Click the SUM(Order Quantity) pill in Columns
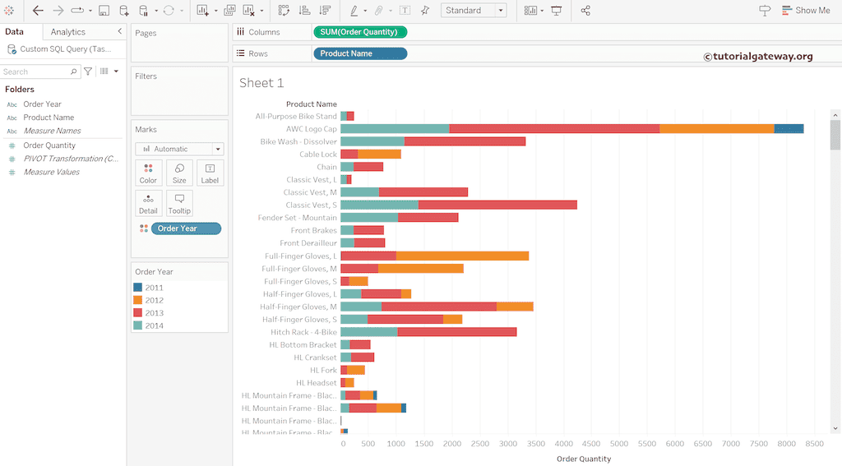tap(359, 32)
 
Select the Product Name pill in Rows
tap(359, 53)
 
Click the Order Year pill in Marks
tap(185, 228)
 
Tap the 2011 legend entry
tap(154, 288)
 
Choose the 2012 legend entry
tap(154, 300)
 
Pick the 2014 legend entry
tap(154, 325)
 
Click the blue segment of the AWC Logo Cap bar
tap(789, 129)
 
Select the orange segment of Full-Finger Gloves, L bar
tap(462, 256)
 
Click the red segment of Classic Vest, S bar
tap(497, 205)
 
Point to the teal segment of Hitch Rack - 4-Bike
tap(368, 332)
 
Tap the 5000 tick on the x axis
tap(618, 444)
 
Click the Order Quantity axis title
tap(584, 459)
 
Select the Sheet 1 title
tap(261, 83)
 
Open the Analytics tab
tap(67, 32)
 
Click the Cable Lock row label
tap(317, 155)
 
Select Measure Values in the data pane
tap(51, 172)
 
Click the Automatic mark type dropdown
tap(179, 149)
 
